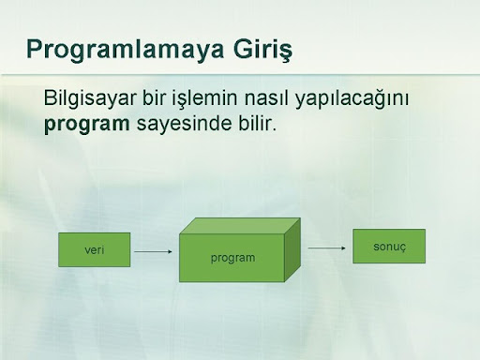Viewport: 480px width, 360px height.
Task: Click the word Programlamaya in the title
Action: coord(125,50)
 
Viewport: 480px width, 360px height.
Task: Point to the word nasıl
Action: coord(267,98)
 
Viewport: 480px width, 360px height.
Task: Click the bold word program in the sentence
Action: coord(87,125)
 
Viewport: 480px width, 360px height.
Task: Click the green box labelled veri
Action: coord(95,249)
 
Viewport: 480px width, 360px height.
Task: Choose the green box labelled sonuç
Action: coord(389,247)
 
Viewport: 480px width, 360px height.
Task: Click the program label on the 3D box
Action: coord(232,259)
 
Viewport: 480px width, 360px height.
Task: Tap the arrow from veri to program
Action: coord(153,251)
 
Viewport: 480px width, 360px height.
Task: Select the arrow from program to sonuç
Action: coord(327,248)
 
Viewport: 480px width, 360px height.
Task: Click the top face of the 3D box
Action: coord(240,226)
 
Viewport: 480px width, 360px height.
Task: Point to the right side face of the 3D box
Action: coord(292,249)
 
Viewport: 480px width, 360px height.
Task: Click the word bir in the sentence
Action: coord(155,98)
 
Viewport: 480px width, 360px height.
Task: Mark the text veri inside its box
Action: coord(95,250)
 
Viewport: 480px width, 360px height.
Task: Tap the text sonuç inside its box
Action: coord(389,247)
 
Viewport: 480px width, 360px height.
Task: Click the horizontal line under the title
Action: coord(240,75)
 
